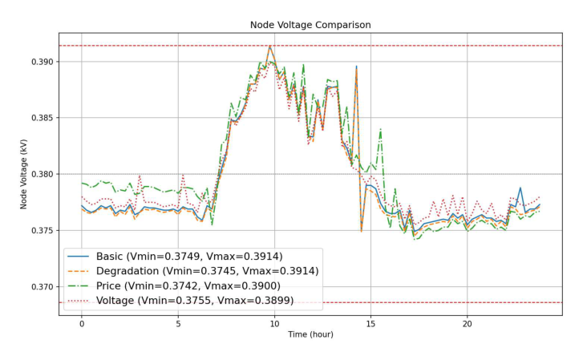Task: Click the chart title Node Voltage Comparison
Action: [x=310, y=25]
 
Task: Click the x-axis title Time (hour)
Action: [x=310, y=334]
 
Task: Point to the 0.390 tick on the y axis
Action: [x=41, y=62]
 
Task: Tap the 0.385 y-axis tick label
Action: [x=41, y=118]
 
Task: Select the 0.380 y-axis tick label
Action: [x=41, y=174]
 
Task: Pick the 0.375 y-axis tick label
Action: [x=41, y=231]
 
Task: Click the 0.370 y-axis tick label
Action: [x=41, y=287]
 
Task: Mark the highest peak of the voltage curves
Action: [x=270, y=46]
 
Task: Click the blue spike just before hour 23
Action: [x=520, y=188]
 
